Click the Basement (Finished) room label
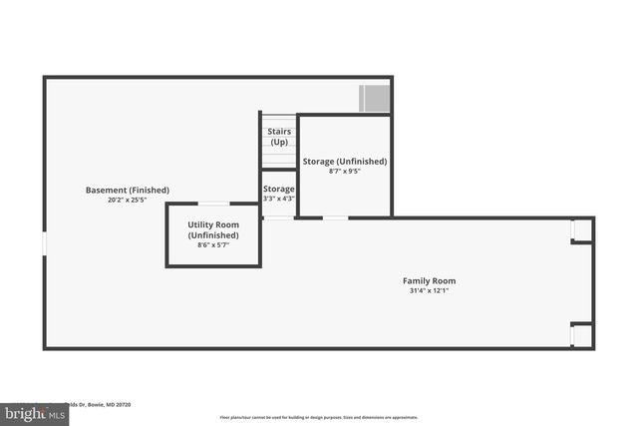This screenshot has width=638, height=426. pos(128,190)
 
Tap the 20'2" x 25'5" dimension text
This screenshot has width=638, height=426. pos(128,200)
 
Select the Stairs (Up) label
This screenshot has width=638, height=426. pos(279,137)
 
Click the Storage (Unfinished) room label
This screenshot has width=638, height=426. pos(345,161)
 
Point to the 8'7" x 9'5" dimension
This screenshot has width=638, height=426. pos(345,171)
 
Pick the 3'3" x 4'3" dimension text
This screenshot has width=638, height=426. pos(279,199)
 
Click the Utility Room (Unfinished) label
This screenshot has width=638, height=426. pos(213,229)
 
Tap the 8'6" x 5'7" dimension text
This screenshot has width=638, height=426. pos(213,244)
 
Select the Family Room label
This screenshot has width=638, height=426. pos(429,280)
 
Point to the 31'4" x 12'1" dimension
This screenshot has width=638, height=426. pos(429,291)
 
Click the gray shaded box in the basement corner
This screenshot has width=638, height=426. pos(374,98)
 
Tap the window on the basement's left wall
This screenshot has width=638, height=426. pos(44,243)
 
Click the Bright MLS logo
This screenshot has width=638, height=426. pos(31,411)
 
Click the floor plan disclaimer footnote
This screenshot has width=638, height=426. pos(319,417)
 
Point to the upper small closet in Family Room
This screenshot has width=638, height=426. pos(582,230)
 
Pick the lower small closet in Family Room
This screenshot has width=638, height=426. pos(582,335)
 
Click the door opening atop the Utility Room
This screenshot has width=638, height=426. pos(214,205)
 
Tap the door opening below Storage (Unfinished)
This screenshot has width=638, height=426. pos(335,217)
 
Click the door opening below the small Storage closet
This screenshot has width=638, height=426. pos(279,217)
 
